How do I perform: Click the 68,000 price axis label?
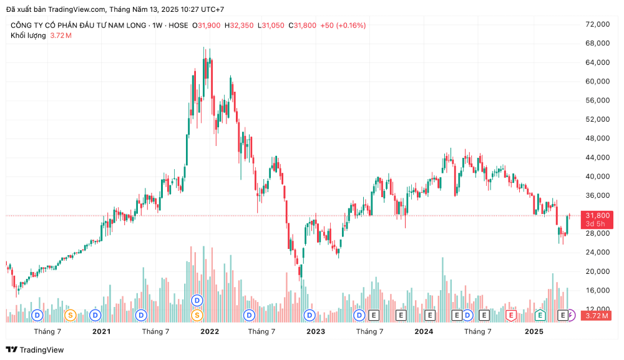[597, 43]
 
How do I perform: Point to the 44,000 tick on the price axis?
[597, 157]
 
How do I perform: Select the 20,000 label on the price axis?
[597, 271]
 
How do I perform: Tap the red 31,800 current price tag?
[597, 215]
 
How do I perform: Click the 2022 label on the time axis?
[210, 331]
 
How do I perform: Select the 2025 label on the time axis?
[534, 331]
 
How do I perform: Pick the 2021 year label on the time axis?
[102, 331]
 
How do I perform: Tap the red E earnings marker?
[511, 315]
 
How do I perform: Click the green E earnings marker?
[540, 315]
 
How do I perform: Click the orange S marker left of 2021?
[70, 315]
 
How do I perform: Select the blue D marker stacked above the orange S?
[197, 300]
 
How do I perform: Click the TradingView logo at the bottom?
[35, 350]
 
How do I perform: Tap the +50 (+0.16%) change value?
[343, 26]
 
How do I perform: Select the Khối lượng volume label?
[28, 36]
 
